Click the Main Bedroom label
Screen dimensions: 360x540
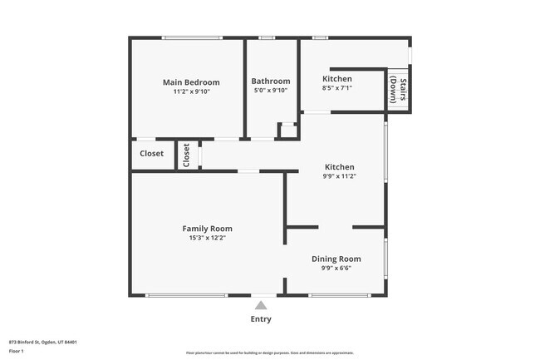(x=191, y=82)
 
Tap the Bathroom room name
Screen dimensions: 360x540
(x=270, y=81)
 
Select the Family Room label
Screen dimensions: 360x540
(x=207, y=229)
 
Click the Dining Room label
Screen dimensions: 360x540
(x=336, y=259)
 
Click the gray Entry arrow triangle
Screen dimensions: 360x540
(x=261, y=305)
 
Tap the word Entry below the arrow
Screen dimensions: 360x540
(x=261, y=319)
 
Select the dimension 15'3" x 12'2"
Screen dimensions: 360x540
(x=207, y=239)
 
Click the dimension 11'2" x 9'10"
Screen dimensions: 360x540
(x=191, y=91)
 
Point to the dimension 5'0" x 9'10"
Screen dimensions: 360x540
(x=270, y=91)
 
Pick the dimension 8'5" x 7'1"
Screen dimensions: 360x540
(x=337, y=88)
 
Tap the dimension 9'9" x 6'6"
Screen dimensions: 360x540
(x=336, y=269)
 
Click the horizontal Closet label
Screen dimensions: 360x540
(x=151, y=154)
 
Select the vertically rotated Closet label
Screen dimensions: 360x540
(x=187, y=155)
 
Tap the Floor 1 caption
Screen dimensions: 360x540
(x=17, y=351)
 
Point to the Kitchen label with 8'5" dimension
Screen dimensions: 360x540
(x=337, y=79)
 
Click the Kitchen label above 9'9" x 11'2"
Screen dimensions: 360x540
(x=339, y=167)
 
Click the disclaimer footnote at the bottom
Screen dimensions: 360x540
(x=269, y=354)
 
